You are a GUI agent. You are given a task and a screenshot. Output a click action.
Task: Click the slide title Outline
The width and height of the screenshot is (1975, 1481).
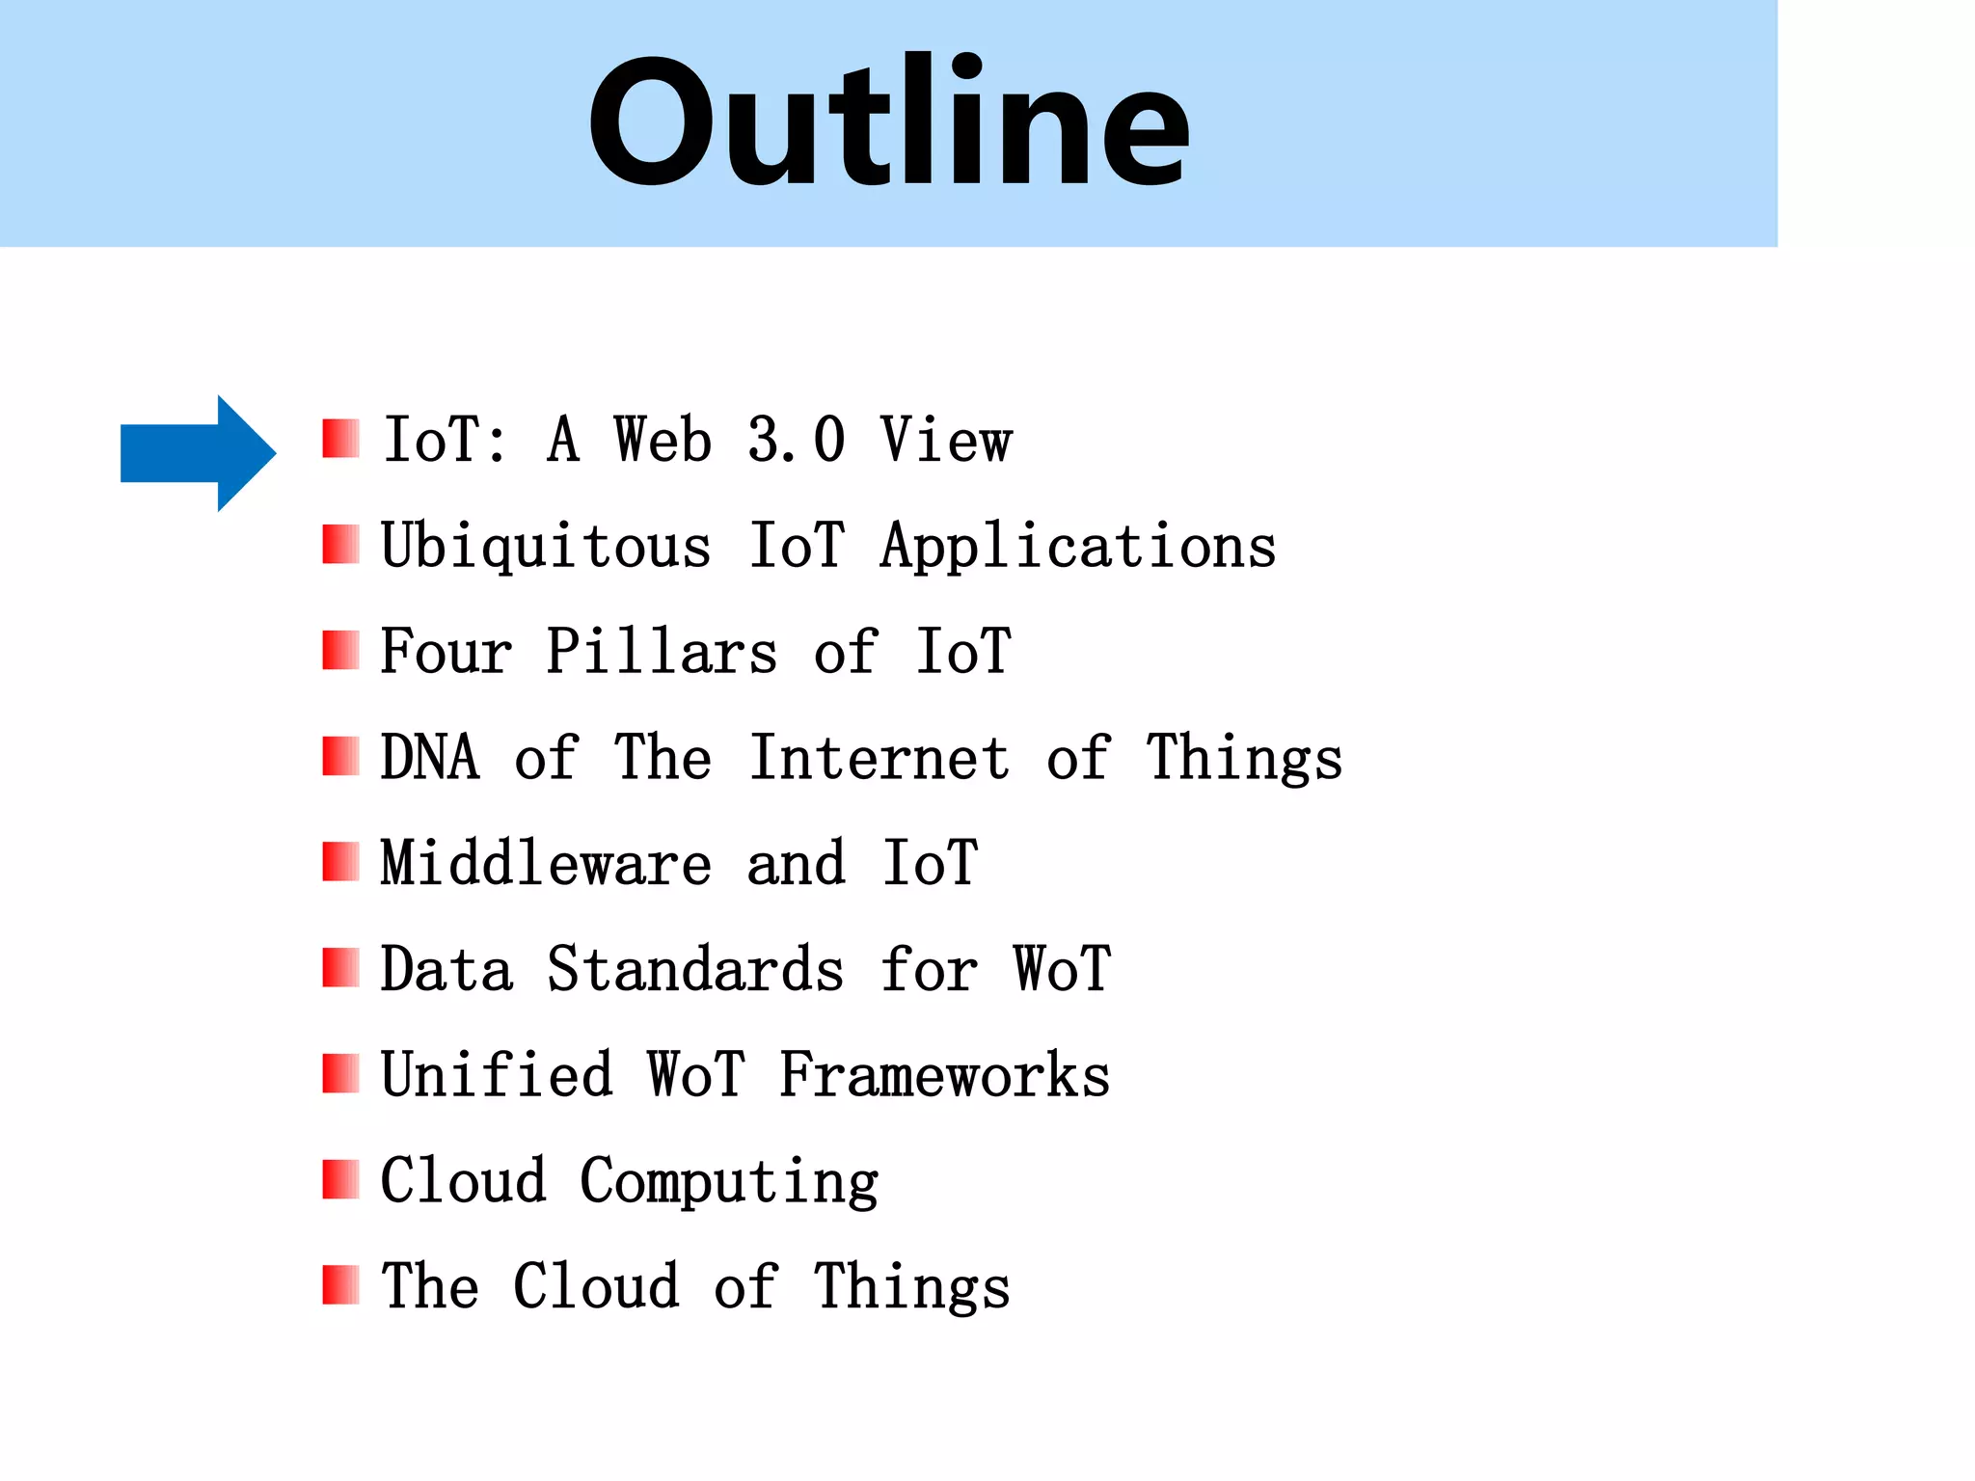click(888, 122)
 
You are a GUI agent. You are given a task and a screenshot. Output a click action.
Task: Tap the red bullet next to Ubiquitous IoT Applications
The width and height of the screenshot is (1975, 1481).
click(340, 545)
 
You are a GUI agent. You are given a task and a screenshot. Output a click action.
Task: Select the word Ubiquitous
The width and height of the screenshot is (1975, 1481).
click(546, 547)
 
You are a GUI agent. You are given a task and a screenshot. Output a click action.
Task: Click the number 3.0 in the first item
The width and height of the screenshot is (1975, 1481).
click(797, 441)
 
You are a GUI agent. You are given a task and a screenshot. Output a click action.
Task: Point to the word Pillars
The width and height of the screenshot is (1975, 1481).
click(662, 652)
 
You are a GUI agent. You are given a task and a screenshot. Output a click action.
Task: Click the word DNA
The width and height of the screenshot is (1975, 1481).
click(429, 758)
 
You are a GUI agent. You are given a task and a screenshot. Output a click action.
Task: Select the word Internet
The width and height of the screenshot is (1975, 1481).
click(880, 758)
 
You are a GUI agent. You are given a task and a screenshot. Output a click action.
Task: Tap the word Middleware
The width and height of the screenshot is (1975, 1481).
click(546, 863)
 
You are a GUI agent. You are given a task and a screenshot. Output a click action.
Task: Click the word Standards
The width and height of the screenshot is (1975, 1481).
click(695, 969)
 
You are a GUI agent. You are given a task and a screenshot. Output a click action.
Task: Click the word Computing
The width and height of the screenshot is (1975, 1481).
click(729, 1182)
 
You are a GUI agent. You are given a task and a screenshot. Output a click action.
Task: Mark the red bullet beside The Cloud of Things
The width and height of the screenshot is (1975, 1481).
click(340, 1285)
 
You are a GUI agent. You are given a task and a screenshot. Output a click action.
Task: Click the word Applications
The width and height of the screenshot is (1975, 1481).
click(1078, 547)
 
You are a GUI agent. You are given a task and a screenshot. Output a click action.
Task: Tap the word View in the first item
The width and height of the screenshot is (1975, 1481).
click(946, 441)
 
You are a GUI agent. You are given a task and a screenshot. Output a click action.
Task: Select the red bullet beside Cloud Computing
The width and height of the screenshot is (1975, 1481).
click(340, 1179)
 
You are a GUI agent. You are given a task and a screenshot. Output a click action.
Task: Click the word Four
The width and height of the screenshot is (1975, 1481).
click(446, 652)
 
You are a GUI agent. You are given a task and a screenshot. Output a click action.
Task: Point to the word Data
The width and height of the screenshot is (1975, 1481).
click(446, 969)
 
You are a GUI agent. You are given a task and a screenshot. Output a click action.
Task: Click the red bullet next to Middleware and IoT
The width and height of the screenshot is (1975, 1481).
click(340, 862)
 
